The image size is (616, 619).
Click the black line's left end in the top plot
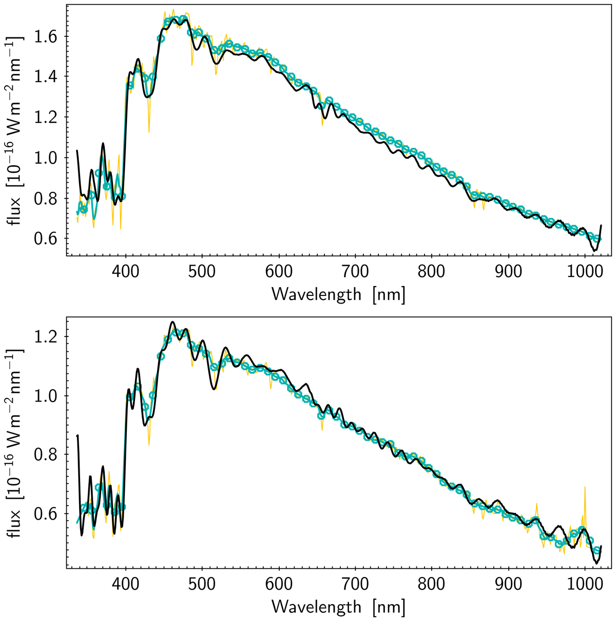77,151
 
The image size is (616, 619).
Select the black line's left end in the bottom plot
77,436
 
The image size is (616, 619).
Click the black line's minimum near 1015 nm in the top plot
594,251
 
